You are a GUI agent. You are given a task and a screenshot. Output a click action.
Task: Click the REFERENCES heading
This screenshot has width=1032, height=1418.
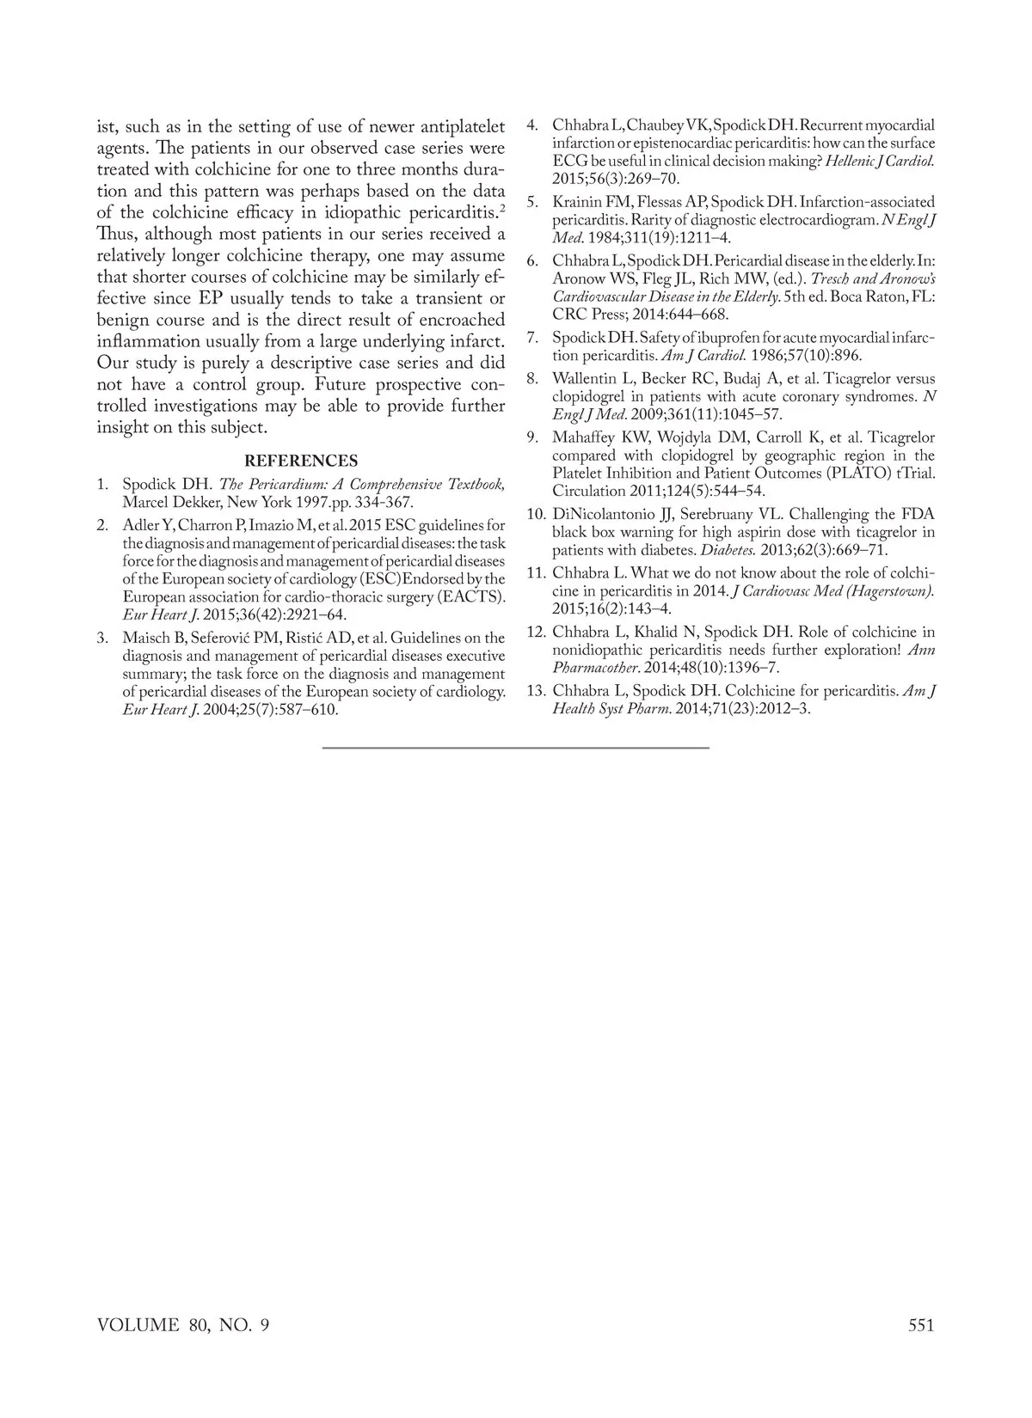tap(301, 461)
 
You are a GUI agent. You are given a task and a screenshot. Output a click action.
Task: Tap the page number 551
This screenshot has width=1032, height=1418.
tap(920, 1325)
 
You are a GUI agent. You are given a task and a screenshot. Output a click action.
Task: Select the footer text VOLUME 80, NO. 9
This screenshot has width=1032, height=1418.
tap(183, 1325)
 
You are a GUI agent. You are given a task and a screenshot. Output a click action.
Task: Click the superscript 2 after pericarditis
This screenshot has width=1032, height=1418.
tap(502, 207)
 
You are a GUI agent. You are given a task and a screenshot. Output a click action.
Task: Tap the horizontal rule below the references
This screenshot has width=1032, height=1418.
tap(516, 748)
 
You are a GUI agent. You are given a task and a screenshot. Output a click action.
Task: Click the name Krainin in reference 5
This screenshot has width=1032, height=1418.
tap(579, 202)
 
